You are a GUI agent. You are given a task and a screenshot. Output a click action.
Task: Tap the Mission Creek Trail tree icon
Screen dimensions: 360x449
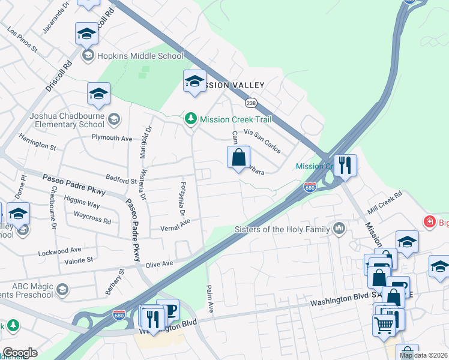tap(191, 119)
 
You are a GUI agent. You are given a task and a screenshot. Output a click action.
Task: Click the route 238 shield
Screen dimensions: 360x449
tap(251, 103)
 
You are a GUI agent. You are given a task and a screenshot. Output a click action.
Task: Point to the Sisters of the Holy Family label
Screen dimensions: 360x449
tap(282, 229)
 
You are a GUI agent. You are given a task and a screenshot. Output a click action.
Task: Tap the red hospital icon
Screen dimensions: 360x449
tap(429, 223)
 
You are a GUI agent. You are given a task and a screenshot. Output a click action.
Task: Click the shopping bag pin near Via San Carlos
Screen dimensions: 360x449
tap(239, 158)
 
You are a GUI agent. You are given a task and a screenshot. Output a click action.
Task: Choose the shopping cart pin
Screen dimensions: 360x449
tap(384, 325)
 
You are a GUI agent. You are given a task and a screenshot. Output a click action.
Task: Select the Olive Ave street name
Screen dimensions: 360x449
tap(158, 263)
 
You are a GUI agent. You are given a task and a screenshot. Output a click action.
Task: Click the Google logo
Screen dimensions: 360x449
tap(19, 353)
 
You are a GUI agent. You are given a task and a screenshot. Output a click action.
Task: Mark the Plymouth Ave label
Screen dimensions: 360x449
tap(111, 138)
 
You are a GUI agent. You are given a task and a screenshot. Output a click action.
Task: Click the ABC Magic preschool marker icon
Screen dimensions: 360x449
tap(62, 290)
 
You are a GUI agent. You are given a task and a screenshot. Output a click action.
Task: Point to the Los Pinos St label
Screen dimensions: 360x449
tap(23, 38)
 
